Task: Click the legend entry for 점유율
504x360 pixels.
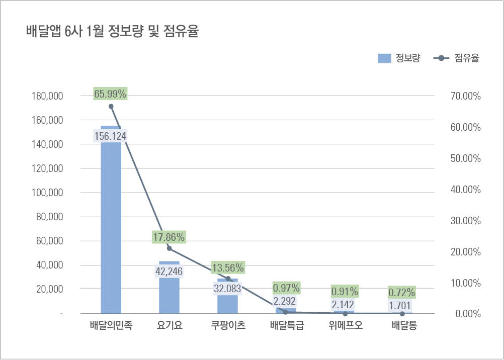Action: point(456,58)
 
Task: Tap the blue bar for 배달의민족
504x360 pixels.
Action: point(111,226)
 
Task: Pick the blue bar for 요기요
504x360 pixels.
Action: point(169,297)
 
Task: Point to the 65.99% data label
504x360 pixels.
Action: point(110,93)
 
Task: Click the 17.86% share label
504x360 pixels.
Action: point(169,237)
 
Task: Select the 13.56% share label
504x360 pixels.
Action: point(227,267)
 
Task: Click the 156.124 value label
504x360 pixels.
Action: point(110,136)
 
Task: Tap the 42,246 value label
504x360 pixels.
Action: point(169,272)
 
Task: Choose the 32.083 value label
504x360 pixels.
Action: point(227,289)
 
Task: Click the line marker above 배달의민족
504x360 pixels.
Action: point(111,106)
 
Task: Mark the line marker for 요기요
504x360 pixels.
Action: point(169,248)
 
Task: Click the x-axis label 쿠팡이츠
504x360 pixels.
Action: point(228,326)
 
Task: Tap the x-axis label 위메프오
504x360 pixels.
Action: point(345,326)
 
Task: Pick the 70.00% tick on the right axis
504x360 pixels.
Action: point(464,96)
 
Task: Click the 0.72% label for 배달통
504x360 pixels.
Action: point(401,292)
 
